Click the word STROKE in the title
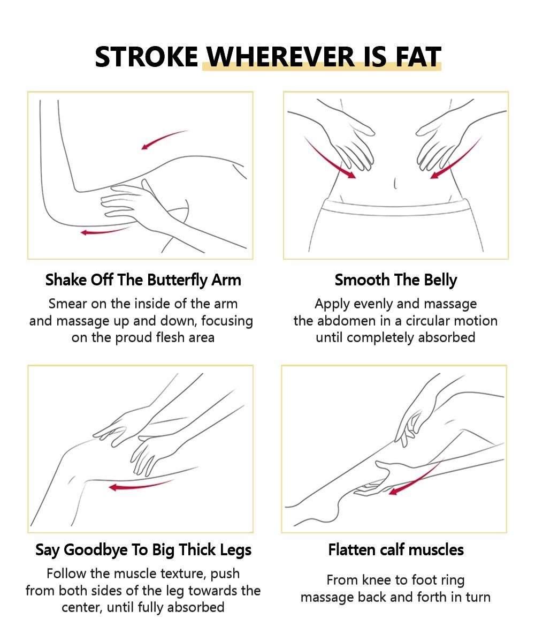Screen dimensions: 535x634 click(146, 57)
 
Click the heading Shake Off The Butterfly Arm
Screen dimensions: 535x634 click(143, 280)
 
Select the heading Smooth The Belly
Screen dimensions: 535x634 click(396, 280)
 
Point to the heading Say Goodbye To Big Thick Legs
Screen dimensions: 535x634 click(143, 550)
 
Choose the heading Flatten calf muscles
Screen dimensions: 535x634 click(396, 550)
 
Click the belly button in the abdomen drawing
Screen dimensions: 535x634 click(395, 184)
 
